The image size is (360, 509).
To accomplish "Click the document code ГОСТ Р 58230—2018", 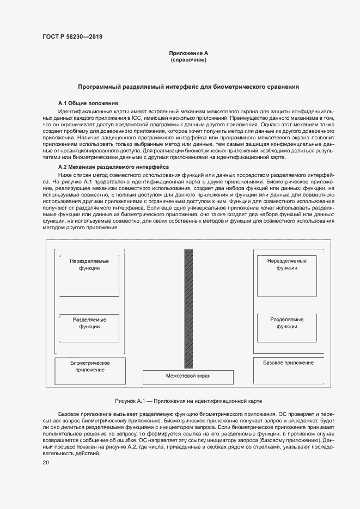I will coord(72,36).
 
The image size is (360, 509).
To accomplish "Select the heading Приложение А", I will coord(188,53).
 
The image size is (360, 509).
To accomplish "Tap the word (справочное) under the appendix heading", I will coord(188,59).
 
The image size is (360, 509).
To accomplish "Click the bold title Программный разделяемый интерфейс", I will coord(188,87).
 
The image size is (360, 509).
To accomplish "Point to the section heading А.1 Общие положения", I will coord(88,103).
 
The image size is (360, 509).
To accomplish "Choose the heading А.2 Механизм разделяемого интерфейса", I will coord(113,167).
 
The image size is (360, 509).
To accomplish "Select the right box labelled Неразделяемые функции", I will coord(286,272).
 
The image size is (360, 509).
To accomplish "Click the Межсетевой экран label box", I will coord(188,377).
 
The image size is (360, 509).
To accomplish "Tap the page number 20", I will coord(46,463).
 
